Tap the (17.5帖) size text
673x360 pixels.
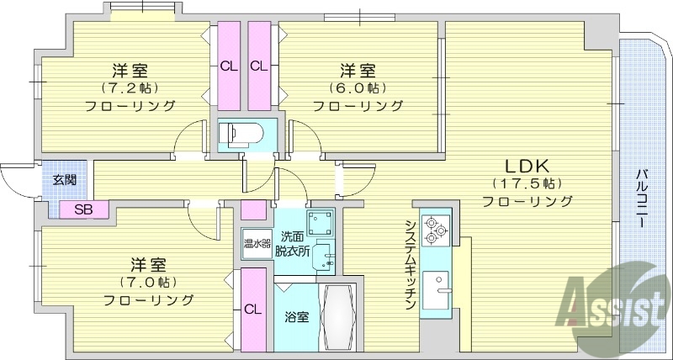tap(527, 183)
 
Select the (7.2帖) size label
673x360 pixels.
tap(130, 87)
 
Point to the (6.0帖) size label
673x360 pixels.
tap(358, 87)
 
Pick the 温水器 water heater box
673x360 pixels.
tap(257, 245)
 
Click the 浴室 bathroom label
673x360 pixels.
tap(295, 318)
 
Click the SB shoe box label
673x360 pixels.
tap(83, 209)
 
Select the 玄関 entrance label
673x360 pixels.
tap(64, 179)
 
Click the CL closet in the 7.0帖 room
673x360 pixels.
tap(252, 309)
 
